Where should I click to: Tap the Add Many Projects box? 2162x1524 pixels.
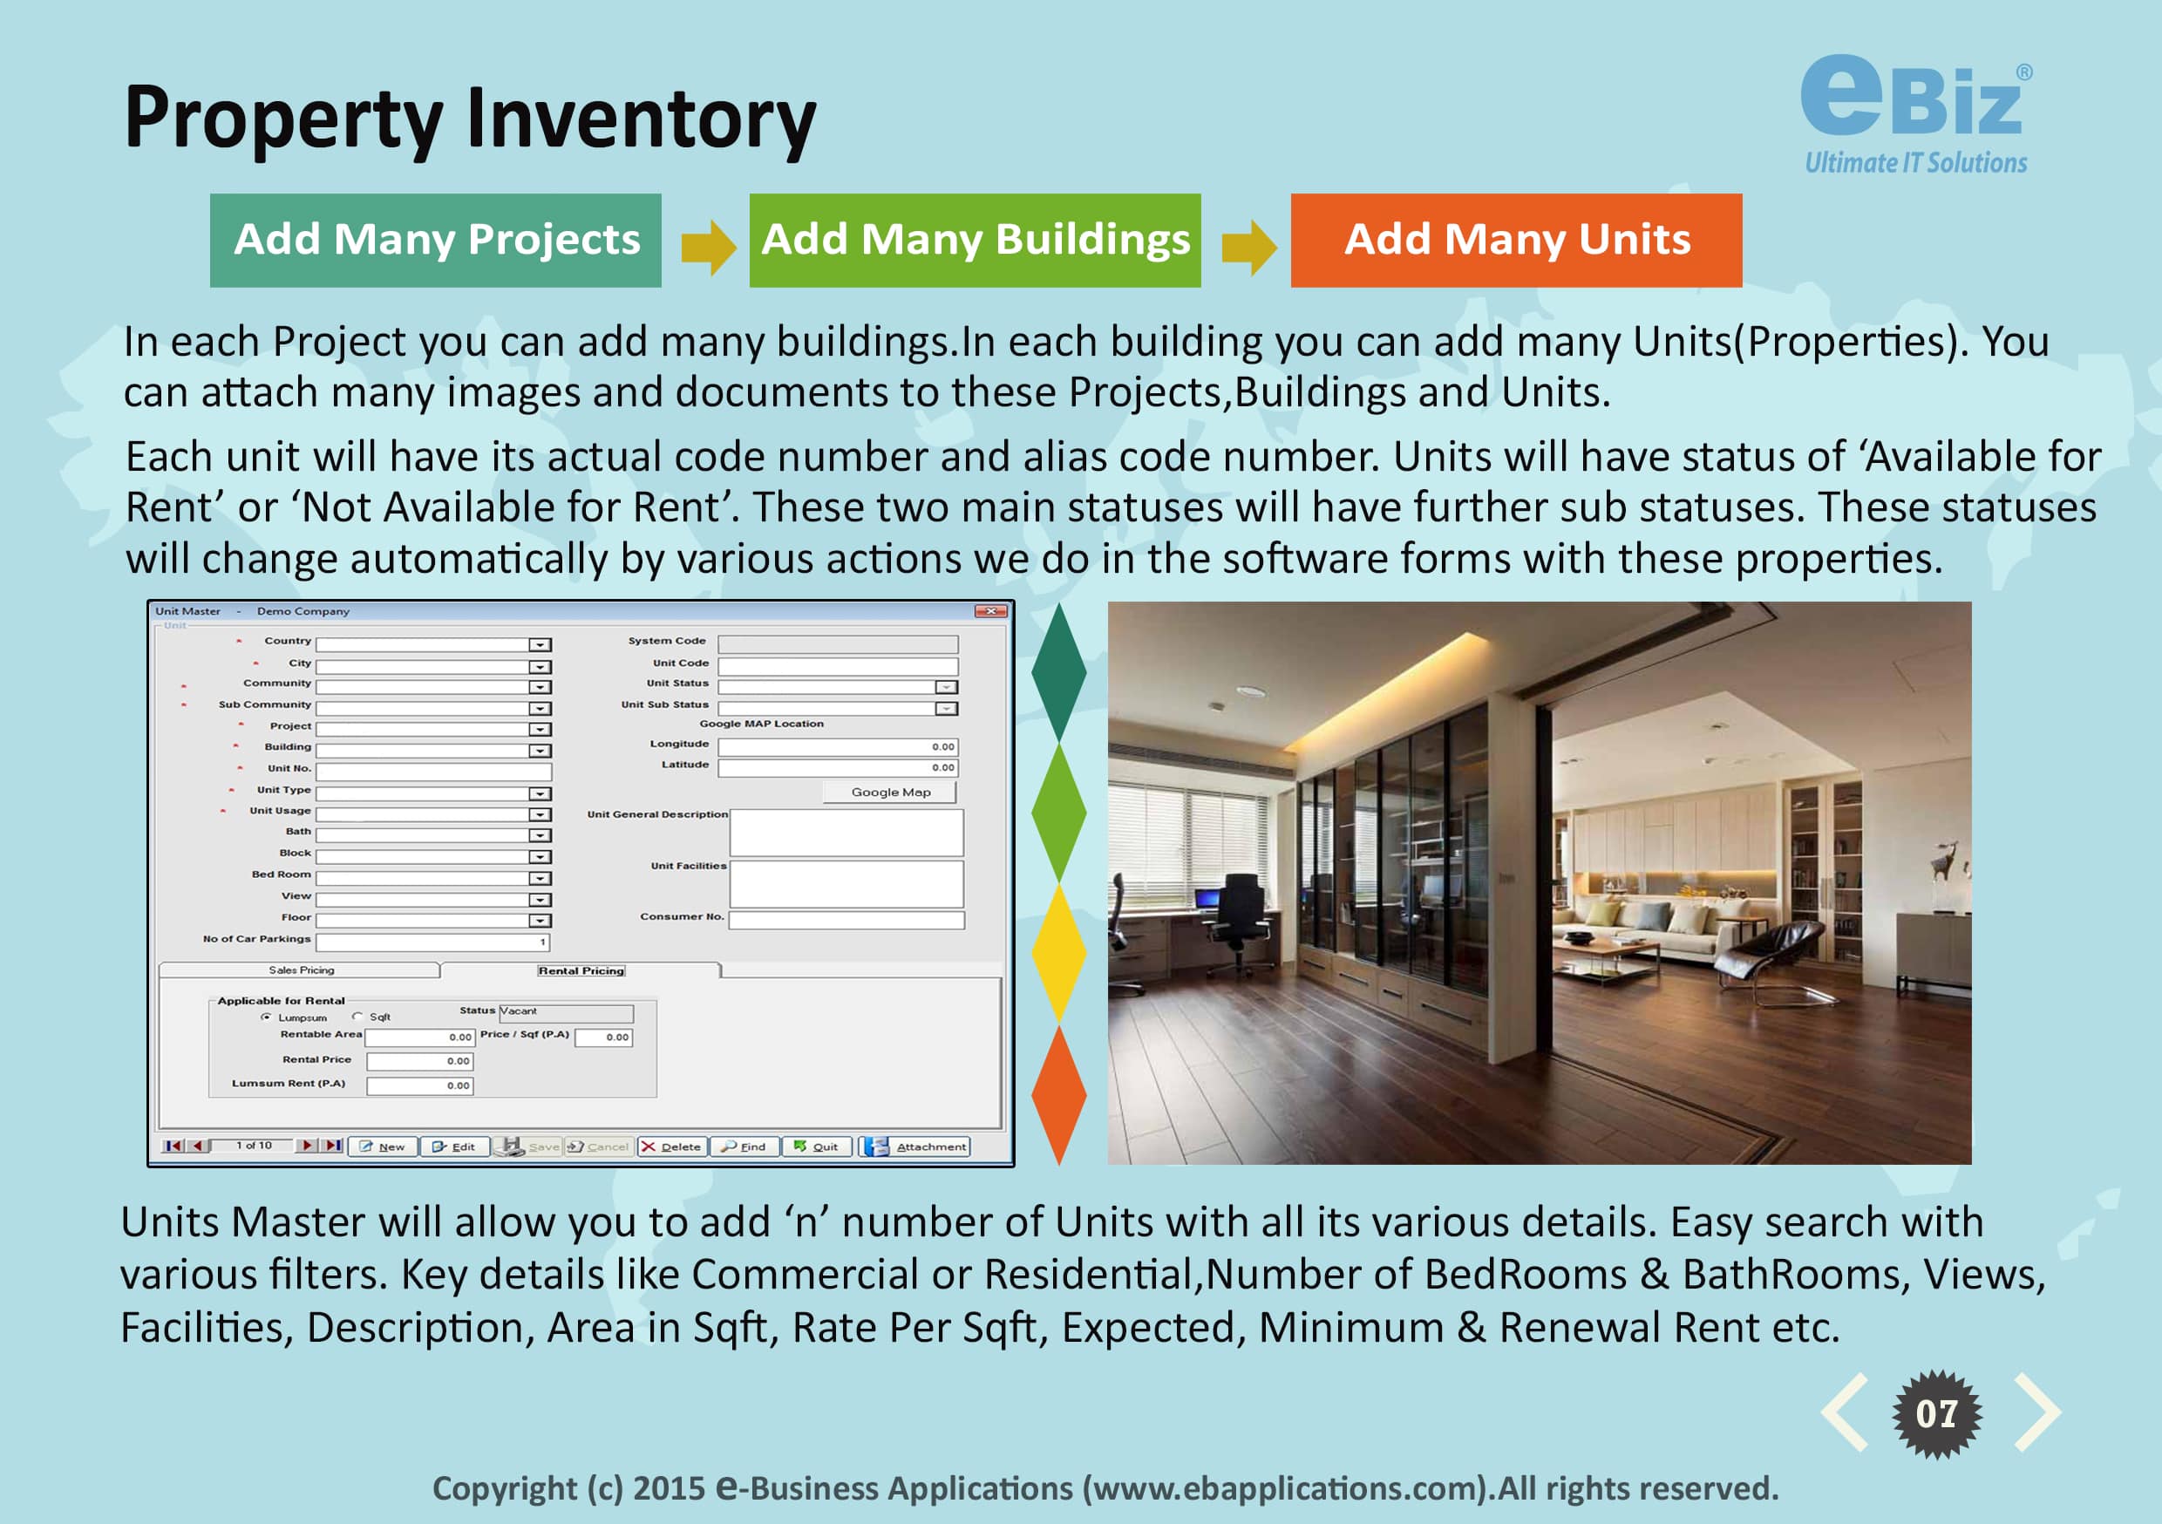pyautogui.click(x=435, y=240)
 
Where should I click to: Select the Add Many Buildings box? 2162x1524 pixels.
pyautogui.click(x=975, y=240)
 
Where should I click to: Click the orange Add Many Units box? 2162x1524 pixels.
pyautogui.click(x=1516, y=240)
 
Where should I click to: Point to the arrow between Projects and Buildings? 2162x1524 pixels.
pyautogui.click(x=708, y=248)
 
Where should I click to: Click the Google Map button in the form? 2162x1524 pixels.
pyautogui.click(x=890, y=793)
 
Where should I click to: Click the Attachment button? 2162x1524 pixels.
pyautogui.click(x=914, y=1146)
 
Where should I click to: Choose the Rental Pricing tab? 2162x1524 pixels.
pyautogui.click(x=581, y=970)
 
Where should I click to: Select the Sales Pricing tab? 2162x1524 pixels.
pyautogui.click(x=301, y=970)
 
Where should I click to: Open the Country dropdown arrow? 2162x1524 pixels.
pyautogui.click(x=540, y=645)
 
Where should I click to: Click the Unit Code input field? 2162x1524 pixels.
pyautogui.click(x=838, y=666)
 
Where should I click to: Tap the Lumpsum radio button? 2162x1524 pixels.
pyautogui.click(x=267, y=1017)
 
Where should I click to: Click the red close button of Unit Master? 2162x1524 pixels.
pyautogui.click(x=990, y=611)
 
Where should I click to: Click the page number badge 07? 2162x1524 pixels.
pyautogui.click(x=1936, y=1414)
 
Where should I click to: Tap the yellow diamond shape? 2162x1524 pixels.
pyautogui.click(x=1059, y=952)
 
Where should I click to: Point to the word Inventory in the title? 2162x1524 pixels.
pyautogui.click(x=642, y=119)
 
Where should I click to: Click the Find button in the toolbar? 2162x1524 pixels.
pyautogui.click(x=744, y=1146)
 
